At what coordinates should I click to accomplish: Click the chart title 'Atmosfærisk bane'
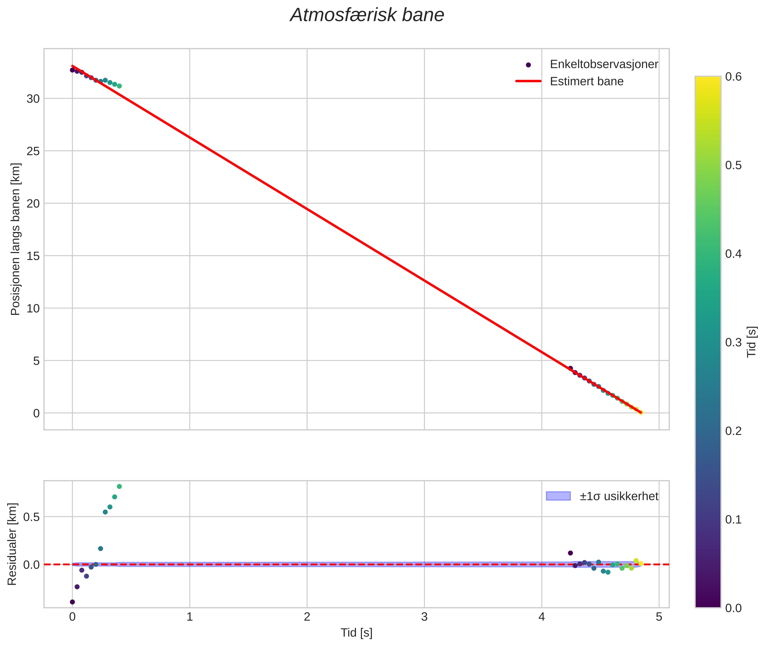click(x=367, y=15)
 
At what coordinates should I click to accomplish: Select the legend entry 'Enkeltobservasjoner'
click(x=604, y=64)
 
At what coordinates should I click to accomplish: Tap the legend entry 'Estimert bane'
click(x=586, y=81)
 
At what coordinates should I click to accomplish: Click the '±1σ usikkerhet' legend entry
click(x=619, y=496)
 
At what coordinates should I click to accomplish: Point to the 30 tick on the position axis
click(x=33, y=99)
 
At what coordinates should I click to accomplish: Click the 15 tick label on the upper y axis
click(x=33, y=256)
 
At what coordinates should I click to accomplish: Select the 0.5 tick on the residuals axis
click(x=31, y=517)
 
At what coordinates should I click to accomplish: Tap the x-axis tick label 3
click(x=424, y=617)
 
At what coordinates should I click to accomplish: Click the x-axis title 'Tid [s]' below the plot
click(x=356, y=633)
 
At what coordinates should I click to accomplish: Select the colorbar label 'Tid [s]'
click(x=751, y=342)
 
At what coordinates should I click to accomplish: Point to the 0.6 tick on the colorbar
click(x=733, y=77)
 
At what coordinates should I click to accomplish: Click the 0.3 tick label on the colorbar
click(x=733, y=342)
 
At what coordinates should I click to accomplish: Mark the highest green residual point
click(x=119, y=487)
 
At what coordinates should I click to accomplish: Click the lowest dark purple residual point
click(x=72, y=602)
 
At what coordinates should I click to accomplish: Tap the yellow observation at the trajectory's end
click(x=641, y=412)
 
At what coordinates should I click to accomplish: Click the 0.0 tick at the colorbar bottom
click(x=733, y=608)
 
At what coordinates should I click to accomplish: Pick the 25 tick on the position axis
click(x=33, y=151)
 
